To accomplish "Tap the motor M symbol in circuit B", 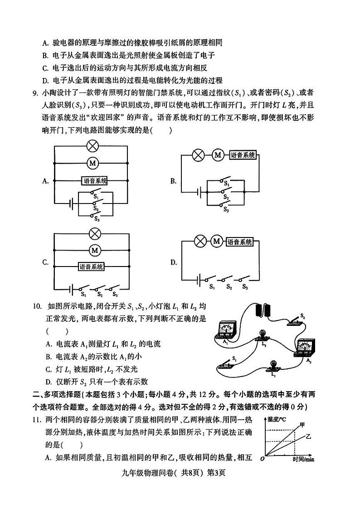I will (218, 155).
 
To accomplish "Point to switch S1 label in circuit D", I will (211, 286).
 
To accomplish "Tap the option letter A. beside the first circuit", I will (45, 181).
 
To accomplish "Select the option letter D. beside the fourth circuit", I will (173, 262).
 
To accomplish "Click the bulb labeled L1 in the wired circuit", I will (273, 366).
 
